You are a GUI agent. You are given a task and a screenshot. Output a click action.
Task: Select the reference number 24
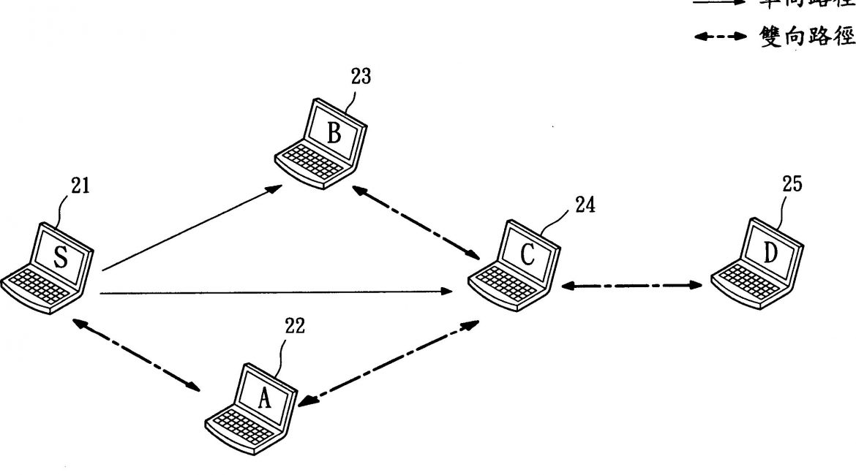coord(585,205)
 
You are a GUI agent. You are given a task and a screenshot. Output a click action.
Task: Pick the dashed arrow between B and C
coord(416,223)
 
